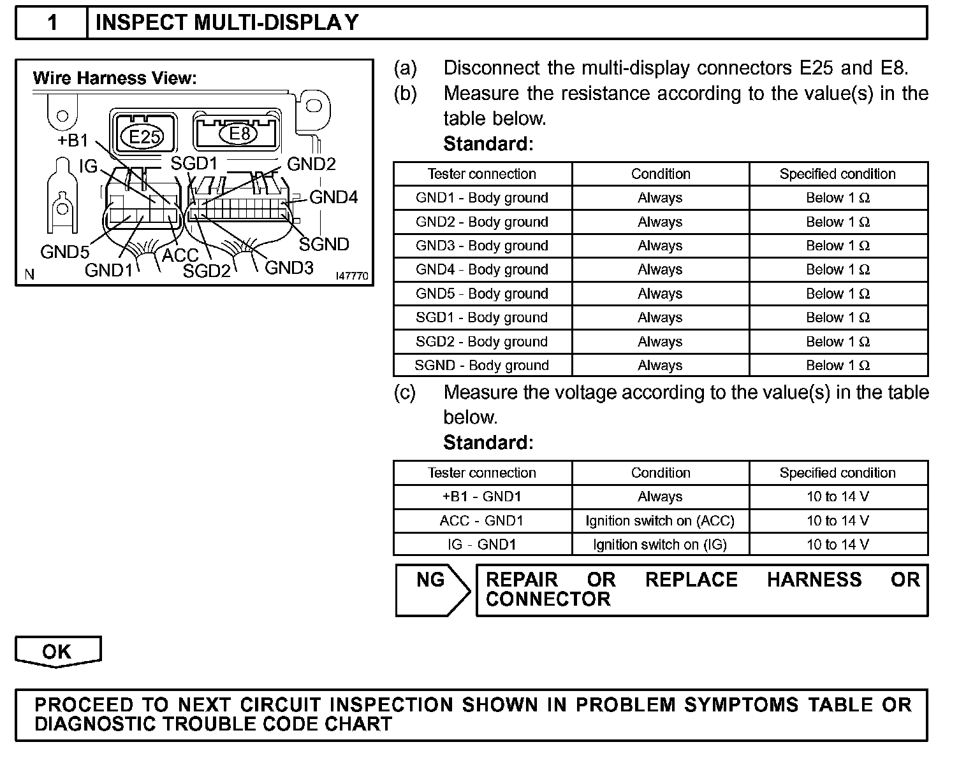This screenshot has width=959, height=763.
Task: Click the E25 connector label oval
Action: [145, 136]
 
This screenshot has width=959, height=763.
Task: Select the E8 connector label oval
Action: [240, 134]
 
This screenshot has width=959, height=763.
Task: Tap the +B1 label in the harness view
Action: [73, 141]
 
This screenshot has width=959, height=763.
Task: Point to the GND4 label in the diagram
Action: [333, 197]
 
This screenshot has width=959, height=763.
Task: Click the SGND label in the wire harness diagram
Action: [324, 245]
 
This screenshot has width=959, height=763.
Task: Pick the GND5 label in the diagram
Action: [64, 252]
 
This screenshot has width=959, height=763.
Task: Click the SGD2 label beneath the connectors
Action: [207, 271]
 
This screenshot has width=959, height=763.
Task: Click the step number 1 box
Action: [52, 23]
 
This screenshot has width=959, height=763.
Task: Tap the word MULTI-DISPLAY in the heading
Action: [276, 23]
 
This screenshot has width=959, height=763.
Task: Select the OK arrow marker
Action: [57, 652]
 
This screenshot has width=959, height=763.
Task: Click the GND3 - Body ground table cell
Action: [482, 246]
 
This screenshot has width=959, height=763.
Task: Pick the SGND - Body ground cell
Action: [482, 366]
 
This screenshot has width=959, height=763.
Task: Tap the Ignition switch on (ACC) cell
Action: [660, 521]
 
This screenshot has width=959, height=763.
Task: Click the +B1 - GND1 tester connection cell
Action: [482, 497]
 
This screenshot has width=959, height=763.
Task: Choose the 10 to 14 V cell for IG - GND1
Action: [837, 545]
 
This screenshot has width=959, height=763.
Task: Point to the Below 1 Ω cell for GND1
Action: [837, 198]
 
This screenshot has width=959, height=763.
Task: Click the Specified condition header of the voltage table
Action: [837, 473]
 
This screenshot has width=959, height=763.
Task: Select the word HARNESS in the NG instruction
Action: [814, 580]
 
